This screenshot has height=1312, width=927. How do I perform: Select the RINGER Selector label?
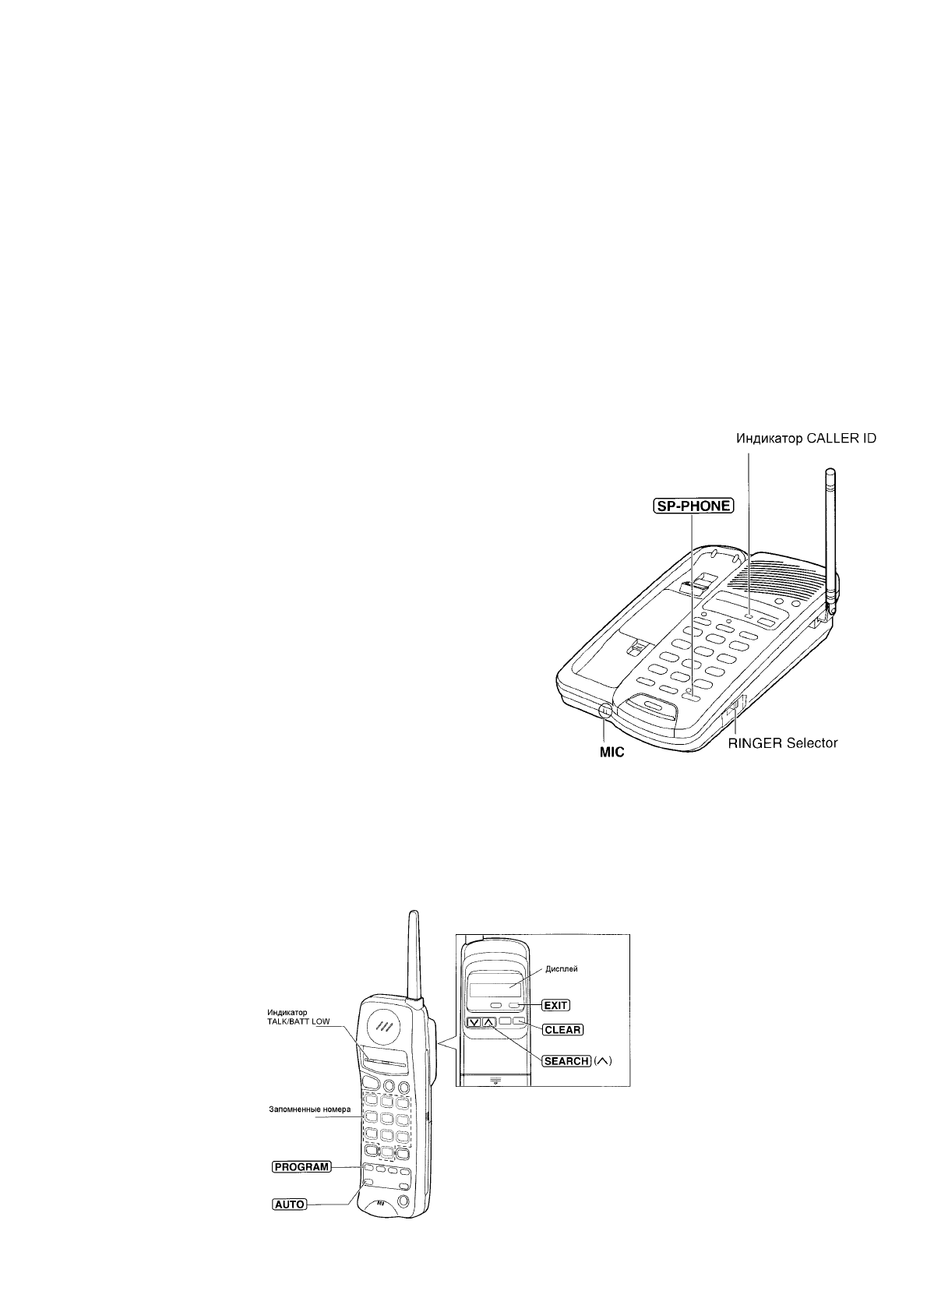(x=783, y=742)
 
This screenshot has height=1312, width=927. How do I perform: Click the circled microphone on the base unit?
(x=604, y=711)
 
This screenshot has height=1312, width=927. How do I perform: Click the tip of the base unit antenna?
(x=830, y=472)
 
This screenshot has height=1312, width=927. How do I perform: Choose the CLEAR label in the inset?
(x=562, y=1029)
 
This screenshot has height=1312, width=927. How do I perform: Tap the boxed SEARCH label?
(x=566, y=1061)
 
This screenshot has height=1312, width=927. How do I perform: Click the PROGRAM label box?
(x=301, y=1167)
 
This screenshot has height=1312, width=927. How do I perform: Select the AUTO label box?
(x=289, y=1204)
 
